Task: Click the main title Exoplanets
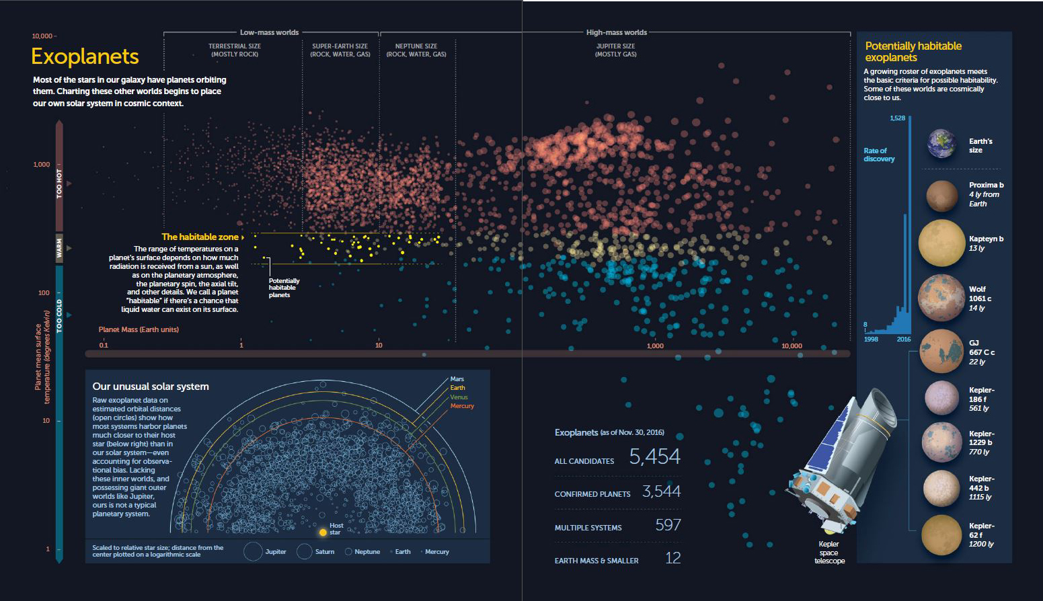[85, 56]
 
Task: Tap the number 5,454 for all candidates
[654, 457]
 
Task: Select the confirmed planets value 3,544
[661, 491]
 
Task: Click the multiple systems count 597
[668, 525]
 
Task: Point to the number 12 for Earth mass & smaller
[672, 558]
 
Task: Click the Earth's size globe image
[941, 144]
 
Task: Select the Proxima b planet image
[941, 196]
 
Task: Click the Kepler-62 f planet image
[941, 535]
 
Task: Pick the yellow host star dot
[323, 532]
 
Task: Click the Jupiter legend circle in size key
[253, 552]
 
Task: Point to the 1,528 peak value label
[897, 118]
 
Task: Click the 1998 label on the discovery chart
[871, 339]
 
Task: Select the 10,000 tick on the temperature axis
[42, 36]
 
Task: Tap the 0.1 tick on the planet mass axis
[104, 346]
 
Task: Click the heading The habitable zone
[200, 237]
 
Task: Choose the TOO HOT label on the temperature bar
[59, 183]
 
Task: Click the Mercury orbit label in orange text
[462, 406]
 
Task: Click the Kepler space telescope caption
[828, 552]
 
